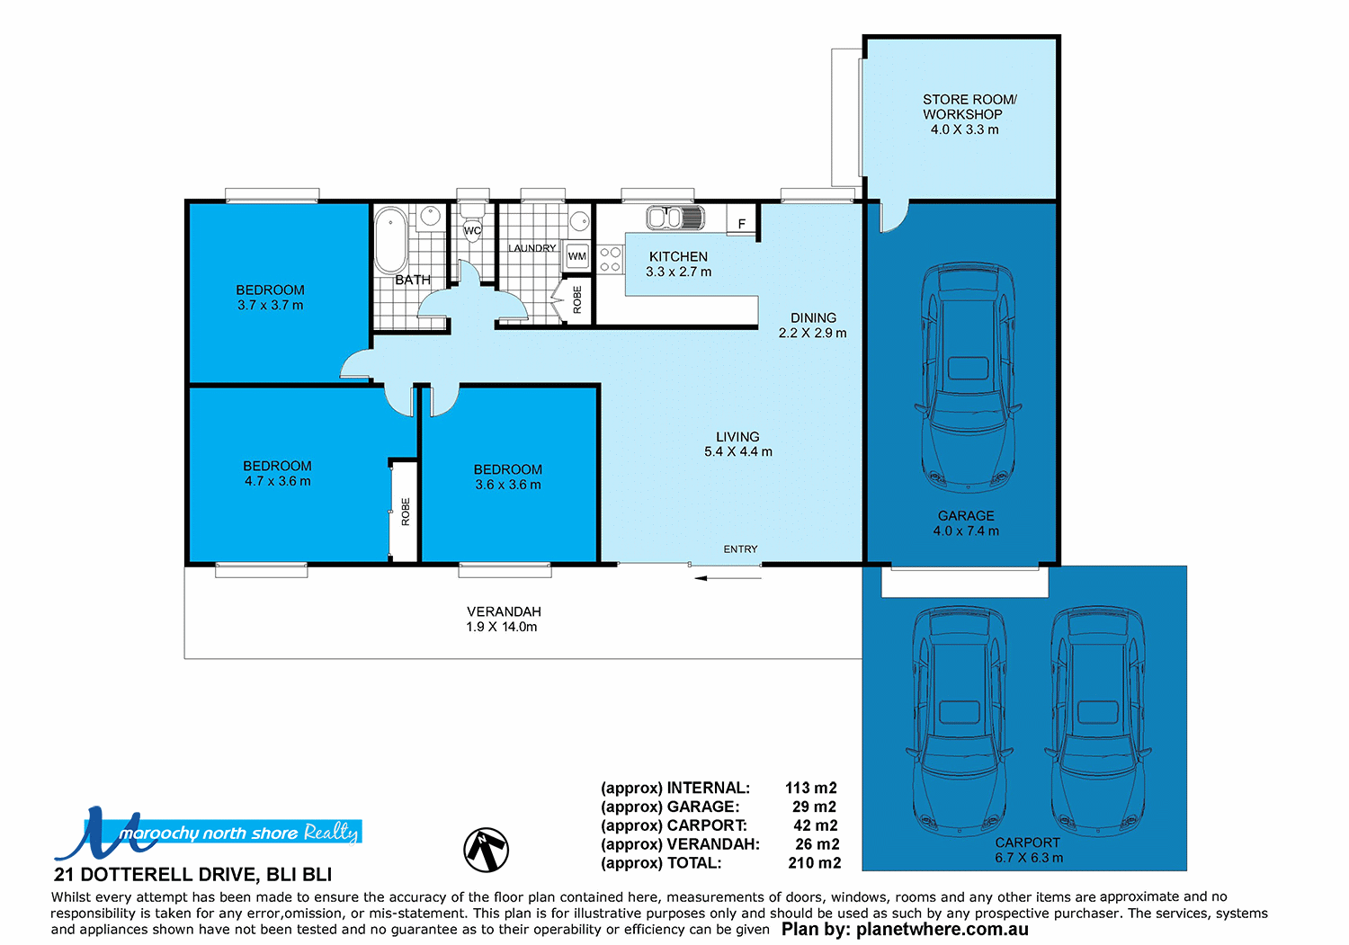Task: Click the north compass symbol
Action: click(487, 850)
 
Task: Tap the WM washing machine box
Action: click(577, 256)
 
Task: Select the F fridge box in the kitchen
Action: click(742, 224)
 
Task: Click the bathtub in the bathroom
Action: click(390, 240)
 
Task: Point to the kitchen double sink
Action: click(674, 218)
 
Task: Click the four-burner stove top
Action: click(611, 260)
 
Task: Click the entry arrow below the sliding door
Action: click(728, 578)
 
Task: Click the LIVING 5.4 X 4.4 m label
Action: click(737, 444)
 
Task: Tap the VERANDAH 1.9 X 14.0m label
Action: click(503, 619)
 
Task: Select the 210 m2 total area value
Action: click(814, 863)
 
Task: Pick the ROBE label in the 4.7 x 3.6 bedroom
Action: click(405, 511)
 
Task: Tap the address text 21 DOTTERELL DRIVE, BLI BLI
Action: click(193, 875)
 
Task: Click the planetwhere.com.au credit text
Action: click(905, 930)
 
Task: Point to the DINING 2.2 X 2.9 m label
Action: click(813, 325)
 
